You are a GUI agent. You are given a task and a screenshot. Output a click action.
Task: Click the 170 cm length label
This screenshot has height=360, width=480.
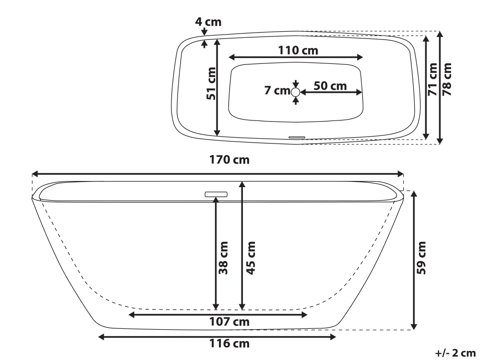coord(229,160)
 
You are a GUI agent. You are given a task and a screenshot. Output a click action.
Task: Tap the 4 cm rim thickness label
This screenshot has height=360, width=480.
coord(208,22)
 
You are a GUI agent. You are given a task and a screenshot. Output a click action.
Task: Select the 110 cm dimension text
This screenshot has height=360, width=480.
coord(298,50)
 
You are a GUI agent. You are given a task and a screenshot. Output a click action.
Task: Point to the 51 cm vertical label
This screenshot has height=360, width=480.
coord(211,83)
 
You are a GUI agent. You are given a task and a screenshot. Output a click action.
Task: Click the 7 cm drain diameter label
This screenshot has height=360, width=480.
coord(277,90)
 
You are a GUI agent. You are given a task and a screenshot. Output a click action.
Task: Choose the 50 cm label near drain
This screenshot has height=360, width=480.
coord(330,86)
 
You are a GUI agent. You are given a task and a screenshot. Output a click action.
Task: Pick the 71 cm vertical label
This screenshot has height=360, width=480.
coord(432,79)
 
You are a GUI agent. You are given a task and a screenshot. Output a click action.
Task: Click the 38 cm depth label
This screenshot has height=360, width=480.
coord(223,258)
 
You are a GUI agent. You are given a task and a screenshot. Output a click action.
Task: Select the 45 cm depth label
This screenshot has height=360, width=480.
coord(251,258)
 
